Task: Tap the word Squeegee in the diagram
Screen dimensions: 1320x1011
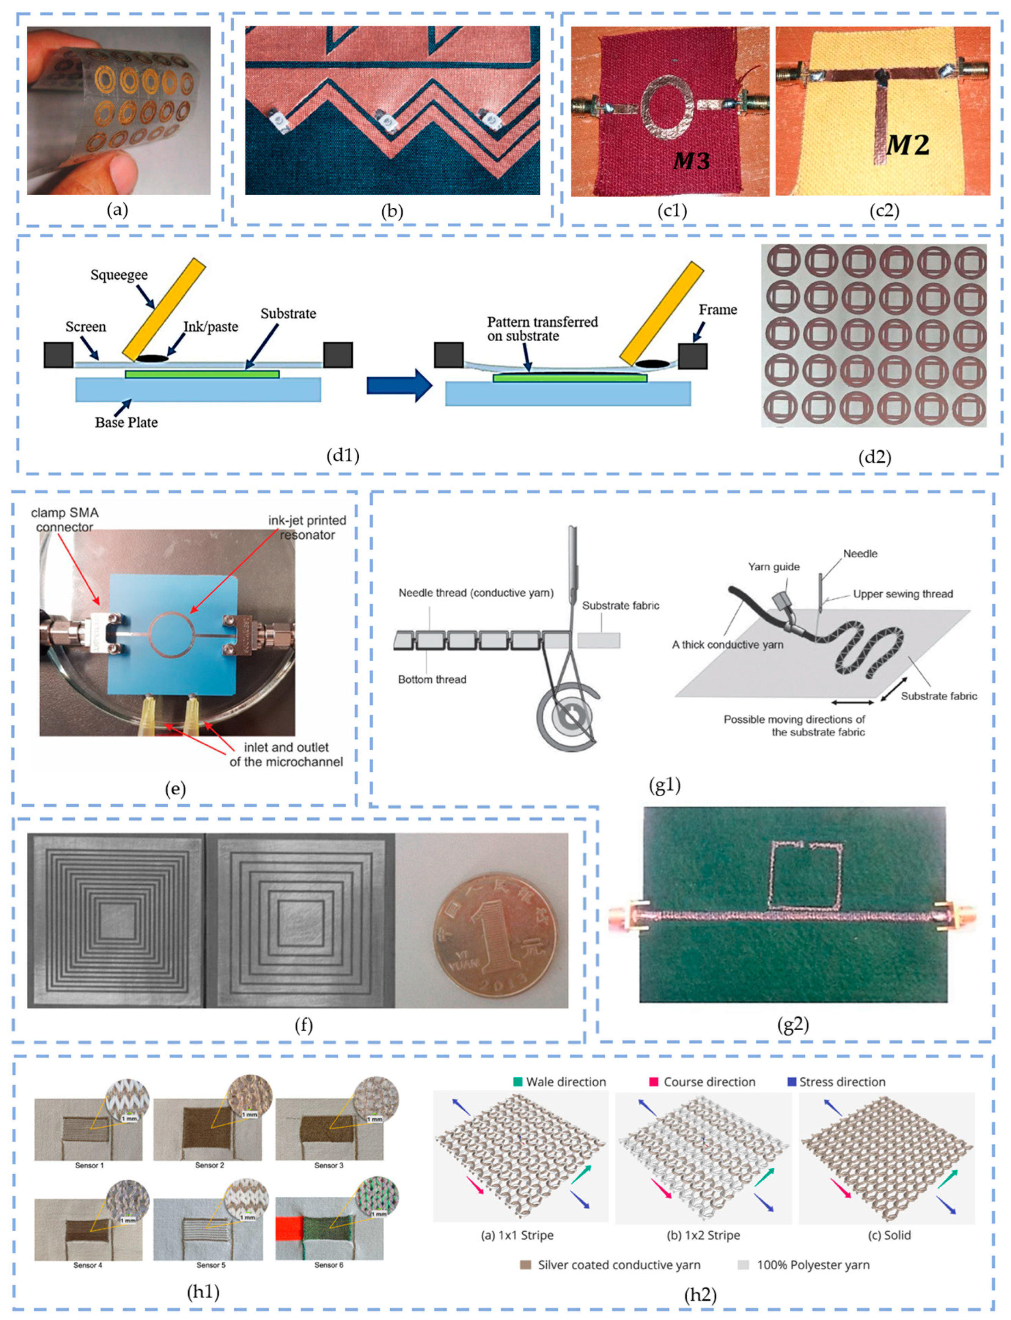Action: click(x=119, y=275)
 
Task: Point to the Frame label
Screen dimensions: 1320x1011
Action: click(x=717, y=310)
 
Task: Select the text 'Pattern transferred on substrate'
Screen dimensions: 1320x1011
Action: click(x=542, y=329)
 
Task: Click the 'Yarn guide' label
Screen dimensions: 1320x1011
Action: click(x=773, y=567)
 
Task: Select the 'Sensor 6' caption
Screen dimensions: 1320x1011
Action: click(x=329, y=1265)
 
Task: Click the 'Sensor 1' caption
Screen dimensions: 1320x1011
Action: click(x=89, y=1165)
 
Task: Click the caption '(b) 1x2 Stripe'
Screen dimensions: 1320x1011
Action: click(x=703, y=1235)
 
